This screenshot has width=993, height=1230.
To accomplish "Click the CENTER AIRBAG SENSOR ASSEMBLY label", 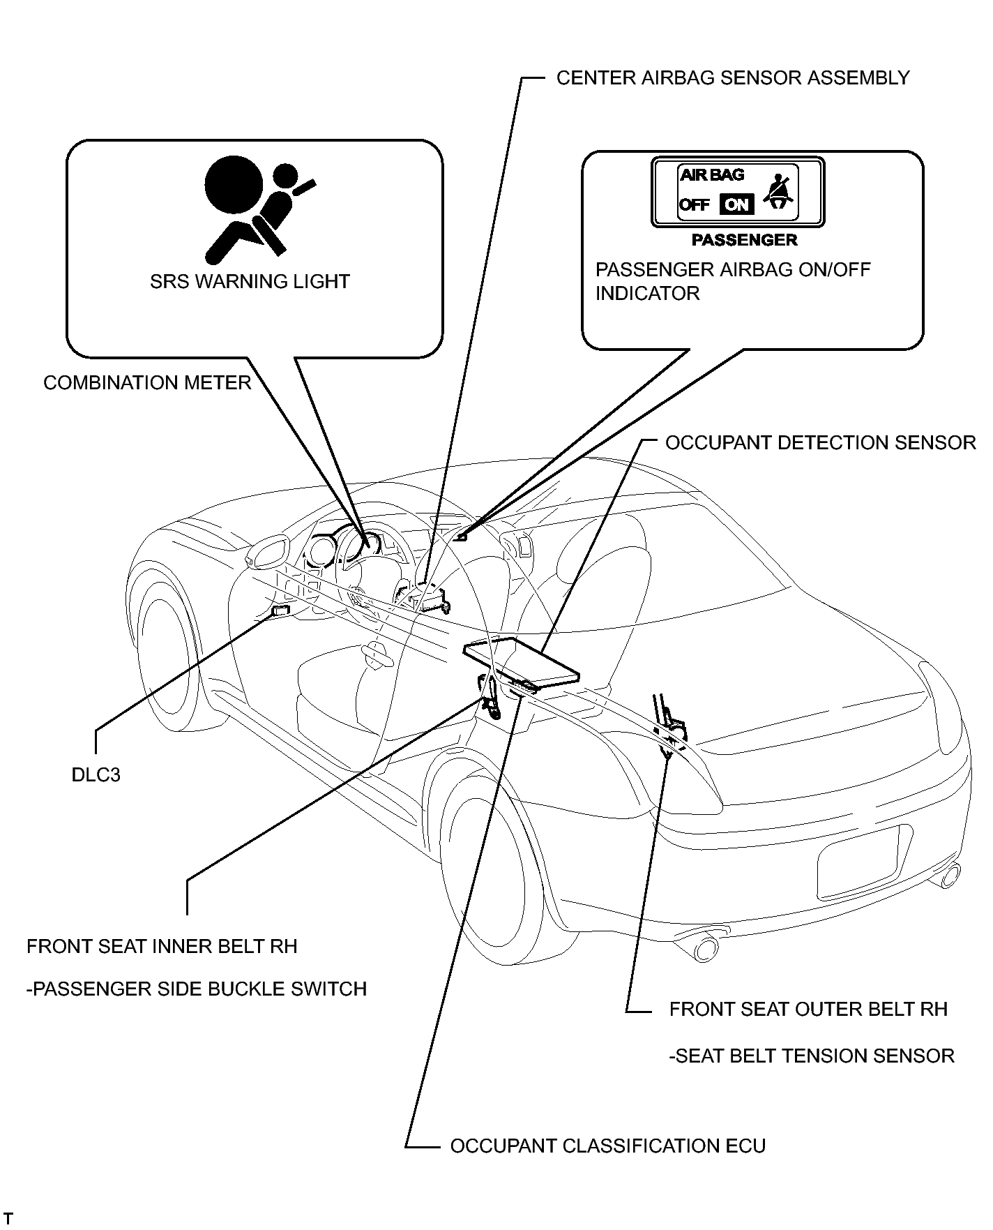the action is (733, 77).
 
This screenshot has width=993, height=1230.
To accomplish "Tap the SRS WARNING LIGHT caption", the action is (250, 282).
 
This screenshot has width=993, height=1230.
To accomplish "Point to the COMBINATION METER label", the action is (147, 383).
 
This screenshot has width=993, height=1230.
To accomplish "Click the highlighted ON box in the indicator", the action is (736, 204).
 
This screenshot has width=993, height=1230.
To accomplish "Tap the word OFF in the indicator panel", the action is (695, 205).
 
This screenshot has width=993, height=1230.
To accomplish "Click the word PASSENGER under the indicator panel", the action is (744, 240).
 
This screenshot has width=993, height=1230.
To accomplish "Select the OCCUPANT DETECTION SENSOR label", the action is (821, 443).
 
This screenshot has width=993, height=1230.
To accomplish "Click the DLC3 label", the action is (96, 775).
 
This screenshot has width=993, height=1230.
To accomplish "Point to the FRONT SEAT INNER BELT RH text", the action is (162, 947).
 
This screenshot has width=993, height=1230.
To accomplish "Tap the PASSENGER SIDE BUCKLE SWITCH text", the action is (197, 989).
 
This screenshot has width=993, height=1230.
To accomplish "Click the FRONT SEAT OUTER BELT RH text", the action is (808, 1010).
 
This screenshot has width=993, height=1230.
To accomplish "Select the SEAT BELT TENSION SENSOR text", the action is (812, 1056).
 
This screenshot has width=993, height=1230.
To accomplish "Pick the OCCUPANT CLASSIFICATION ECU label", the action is (608, 1146).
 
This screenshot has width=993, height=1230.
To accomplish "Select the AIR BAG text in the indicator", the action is (712, 174).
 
